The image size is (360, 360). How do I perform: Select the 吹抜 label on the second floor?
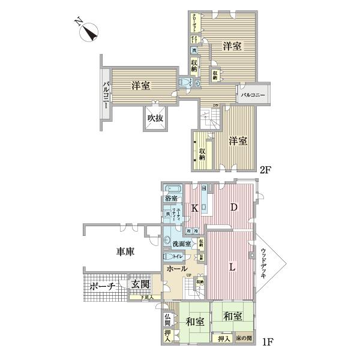155,118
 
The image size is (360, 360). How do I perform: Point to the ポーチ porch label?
103,287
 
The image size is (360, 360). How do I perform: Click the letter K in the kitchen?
195,208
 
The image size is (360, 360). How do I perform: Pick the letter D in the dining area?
235,207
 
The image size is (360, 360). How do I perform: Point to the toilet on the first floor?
166,257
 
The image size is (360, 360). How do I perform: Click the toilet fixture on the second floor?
183,83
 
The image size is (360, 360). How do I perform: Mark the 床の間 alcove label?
244,338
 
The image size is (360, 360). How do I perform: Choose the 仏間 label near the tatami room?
167,319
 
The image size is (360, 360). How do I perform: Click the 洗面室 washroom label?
181,244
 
